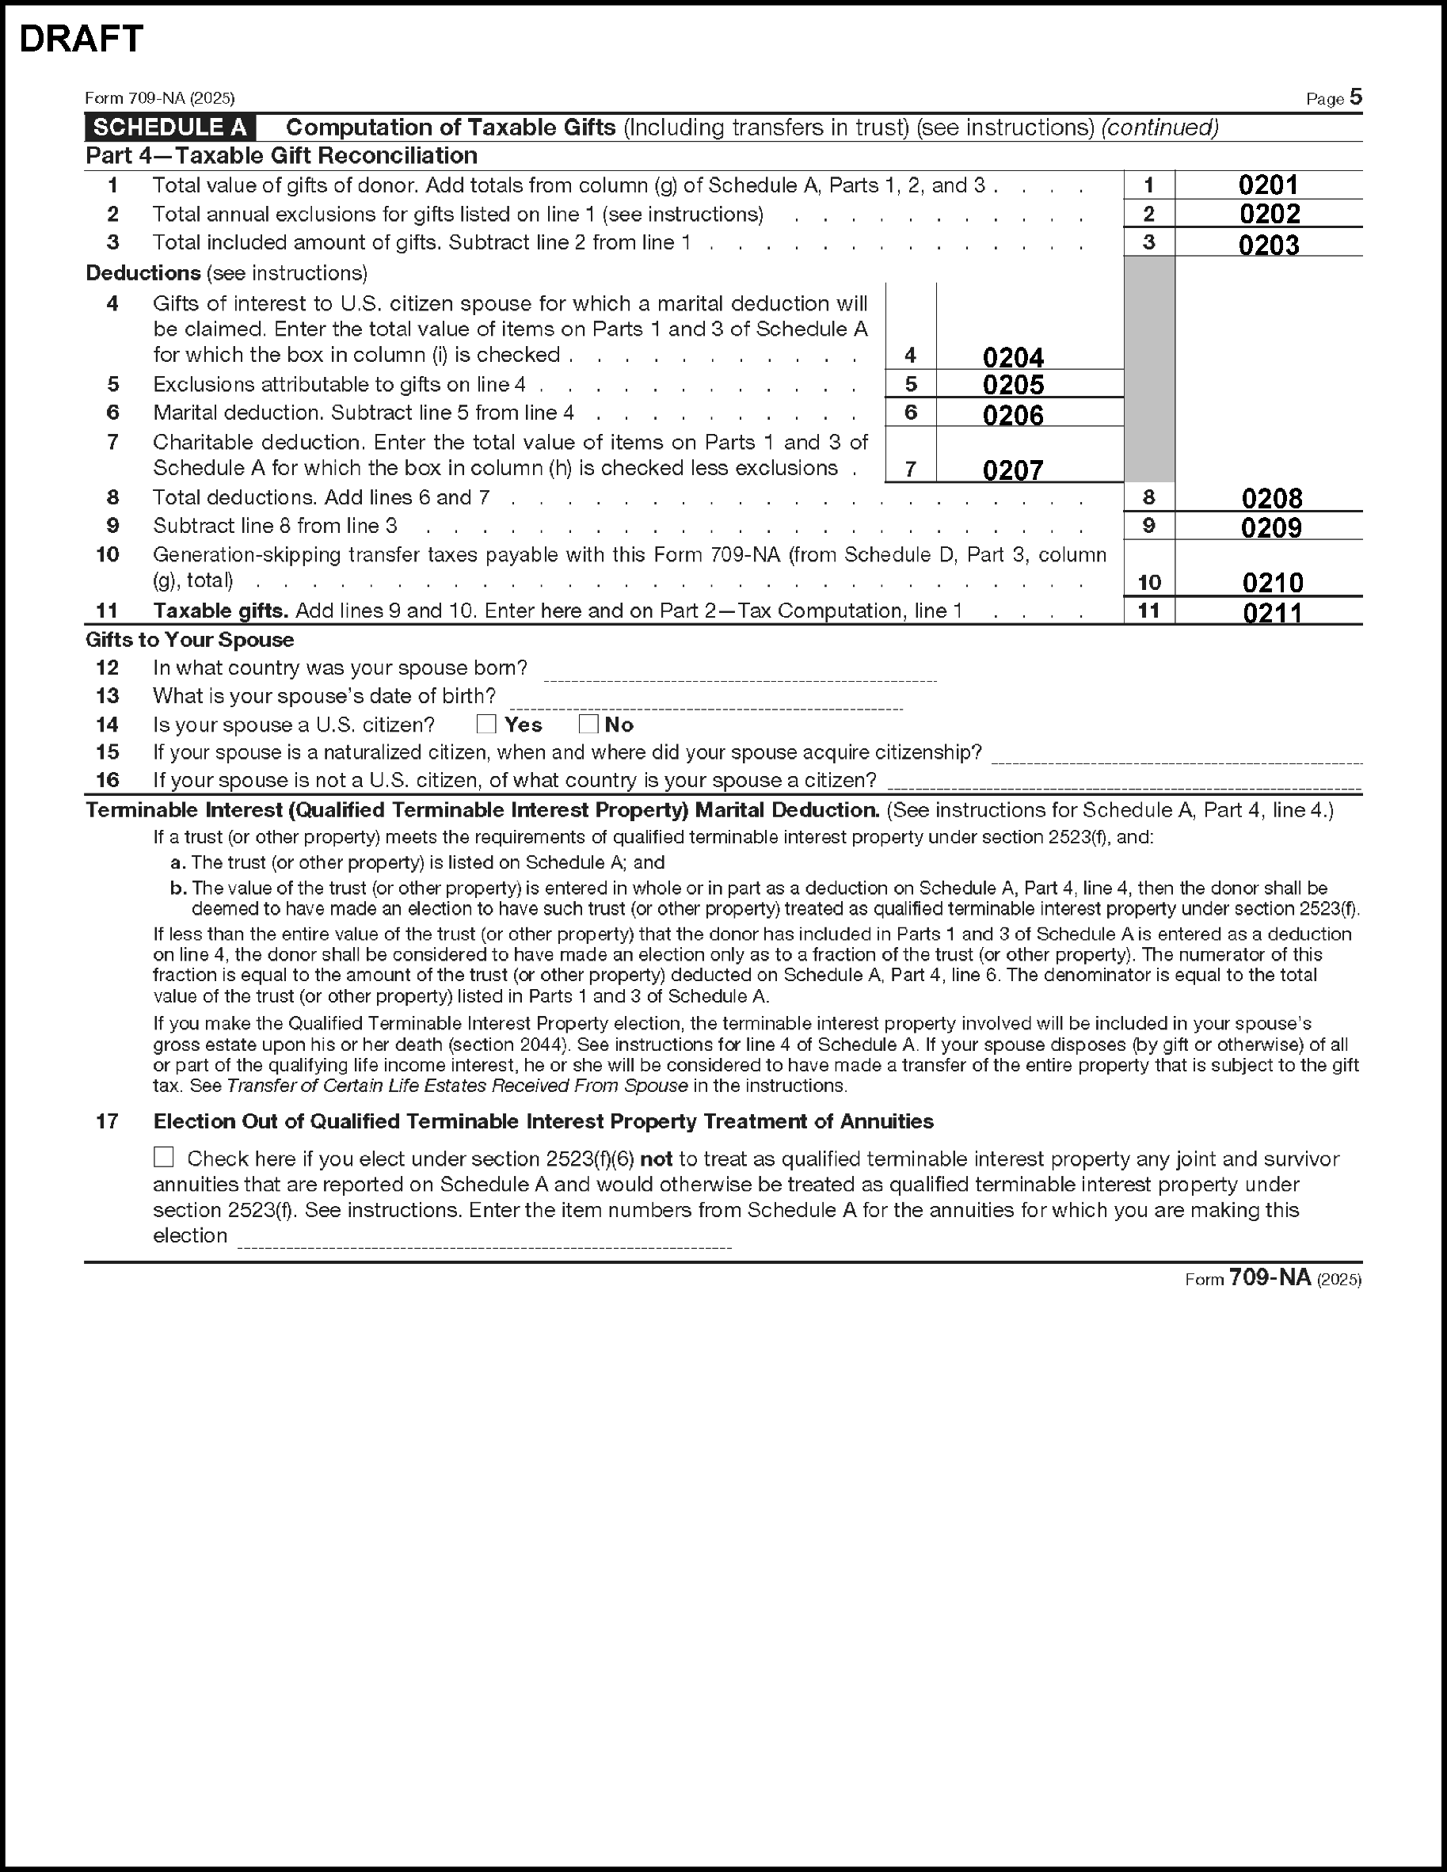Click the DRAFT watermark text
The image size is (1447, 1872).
81,40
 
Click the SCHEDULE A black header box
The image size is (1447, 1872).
169,127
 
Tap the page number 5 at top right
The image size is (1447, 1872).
1355,97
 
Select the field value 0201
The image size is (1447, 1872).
1268,185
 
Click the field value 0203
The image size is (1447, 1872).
1269,245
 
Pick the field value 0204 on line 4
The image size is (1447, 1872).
1012,356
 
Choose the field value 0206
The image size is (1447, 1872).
1012,415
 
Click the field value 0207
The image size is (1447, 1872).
1012,470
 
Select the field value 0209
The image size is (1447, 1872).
1271,527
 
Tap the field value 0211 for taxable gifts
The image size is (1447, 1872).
1272,612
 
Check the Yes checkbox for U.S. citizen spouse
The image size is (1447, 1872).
486,725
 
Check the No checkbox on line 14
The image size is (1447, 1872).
588,725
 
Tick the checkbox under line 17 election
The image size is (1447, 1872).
164,1158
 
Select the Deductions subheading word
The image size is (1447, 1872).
143,273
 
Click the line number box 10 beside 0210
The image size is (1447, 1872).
1148,583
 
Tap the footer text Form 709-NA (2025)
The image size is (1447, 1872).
1272,1279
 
